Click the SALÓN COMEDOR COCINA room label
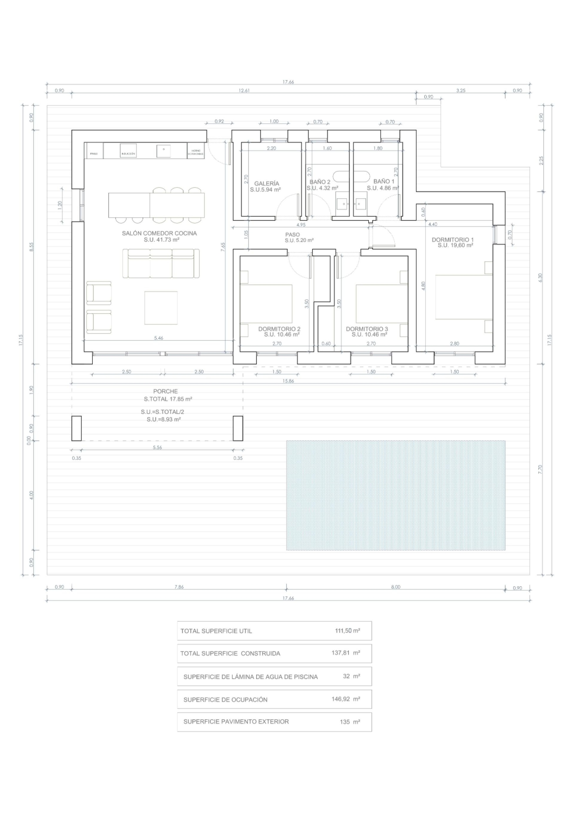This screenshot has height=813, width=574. click(159, 233)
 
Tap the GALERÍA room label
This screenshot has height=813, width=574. click(266, 184)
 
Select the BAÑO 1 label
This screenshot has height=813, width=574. click(384, 181)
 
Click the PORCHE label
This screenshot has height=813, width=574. click(165, 391)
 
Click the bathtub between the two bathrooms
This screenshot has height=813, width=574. click(352, 176)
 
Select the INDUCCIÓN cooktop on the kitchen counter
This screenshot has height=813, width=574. click(128, 151)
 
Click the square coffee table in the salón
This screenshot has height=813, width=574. click(161, 308)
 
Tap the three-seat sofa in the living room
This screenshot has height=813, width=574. click(161, 264)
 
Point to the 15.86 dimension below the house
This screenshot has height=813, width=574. click(288, 381)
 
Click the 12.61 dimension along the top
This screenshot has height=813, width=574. click(244, 91)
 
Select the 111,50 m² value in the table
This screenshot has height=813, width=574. click(347, 631)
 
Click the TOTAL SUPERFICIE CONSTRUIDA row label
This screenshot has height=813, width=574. click(230, 653)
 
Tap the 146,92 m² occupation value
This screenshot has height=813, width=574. click(345, 699)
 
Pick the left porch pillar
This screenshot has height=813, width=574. click(77, 428)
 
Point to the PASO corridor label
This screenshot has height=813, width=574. click(292, 234)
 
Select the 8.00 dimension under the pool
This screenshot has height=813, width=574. click(395, 587)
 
